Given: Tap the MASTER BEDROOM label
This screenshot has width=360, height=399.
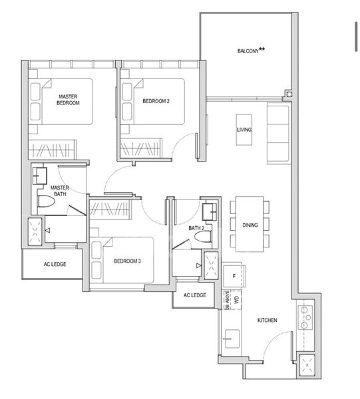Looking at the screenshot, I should pyautogui.click(x=69, y=100).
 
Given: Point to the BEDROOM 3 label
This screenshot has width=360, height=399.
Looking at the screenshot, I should pyautogui.click(x=127, y=261).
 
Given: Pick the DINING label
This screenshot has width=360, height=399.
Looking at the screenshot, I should pyautogui.click(x=250, y=225).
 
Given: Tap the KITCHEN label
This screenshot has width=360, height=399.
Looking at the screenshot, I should pyautogui.click(x=268, y=321).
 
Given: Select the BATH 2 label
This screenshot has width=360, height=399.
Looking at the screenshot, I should pyautogui.click(x=196, y=228).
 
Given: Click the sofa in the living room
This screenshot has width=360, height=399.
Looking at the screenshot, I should pyautogui.click(x=277, y=133).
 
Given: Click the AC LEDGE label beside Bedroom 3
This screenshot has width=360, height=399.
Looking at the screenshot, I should pyautogui.click(x=55, y=264).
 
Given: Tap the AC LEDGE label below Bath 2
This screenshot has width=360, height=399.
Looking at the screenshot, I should pyautogui.click(x=194, y=295).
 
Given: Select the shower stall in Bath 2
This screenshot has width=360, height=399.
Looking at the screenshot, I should pyautogui.click(x=212, y=267).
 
